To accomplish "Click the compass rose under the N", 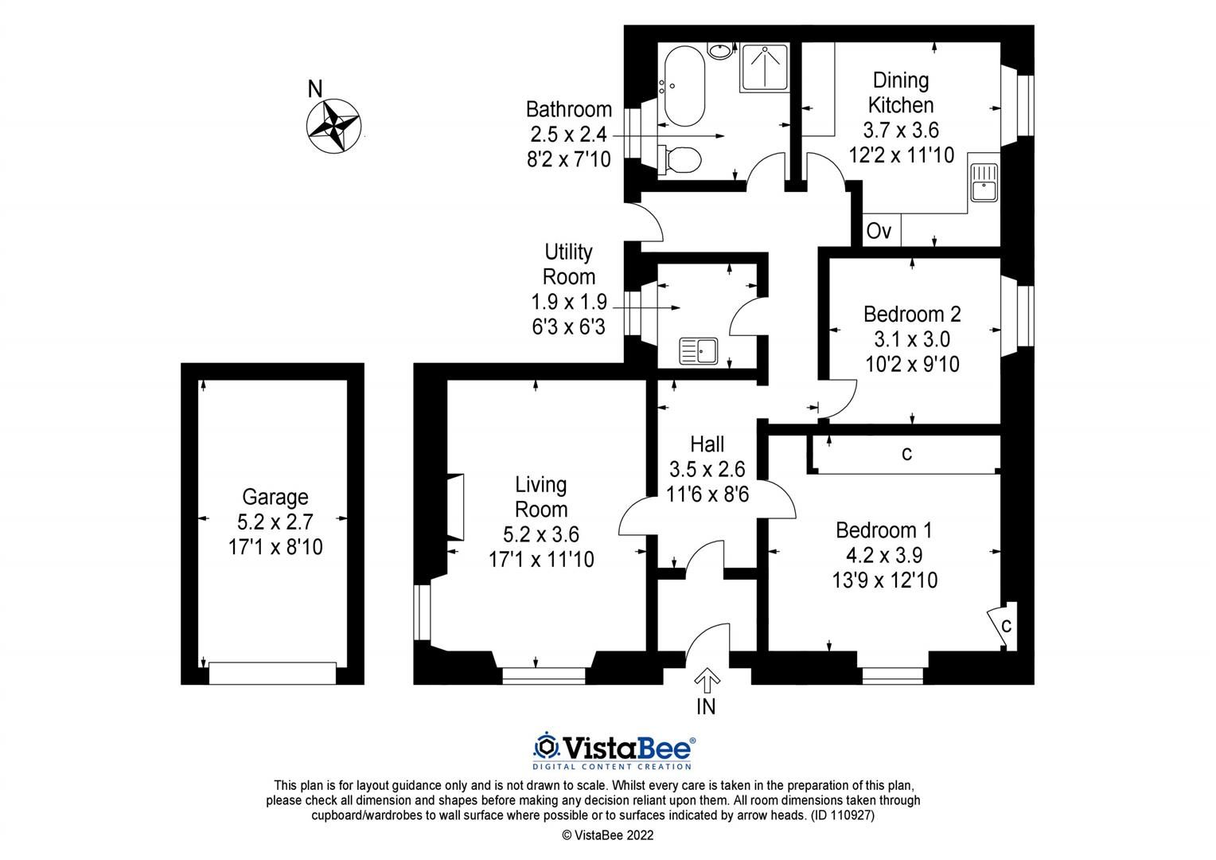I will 334,126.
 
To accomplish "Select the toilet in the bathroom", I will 680,158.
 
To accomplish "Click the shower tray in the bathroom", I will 765,68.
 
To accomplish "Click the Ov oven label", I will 879,232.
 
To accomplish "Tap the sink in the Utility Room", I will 698,351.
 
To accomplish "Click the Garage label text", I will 275,497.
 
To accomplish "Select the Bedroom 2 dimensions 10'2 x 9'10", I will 912,365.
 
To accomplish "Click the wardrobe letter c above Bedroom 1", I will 906,454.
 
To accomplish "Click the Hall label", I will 707,443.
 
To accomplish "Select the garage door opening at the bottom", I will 272,674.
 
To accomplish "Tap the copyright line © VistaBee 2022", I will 607,835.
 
